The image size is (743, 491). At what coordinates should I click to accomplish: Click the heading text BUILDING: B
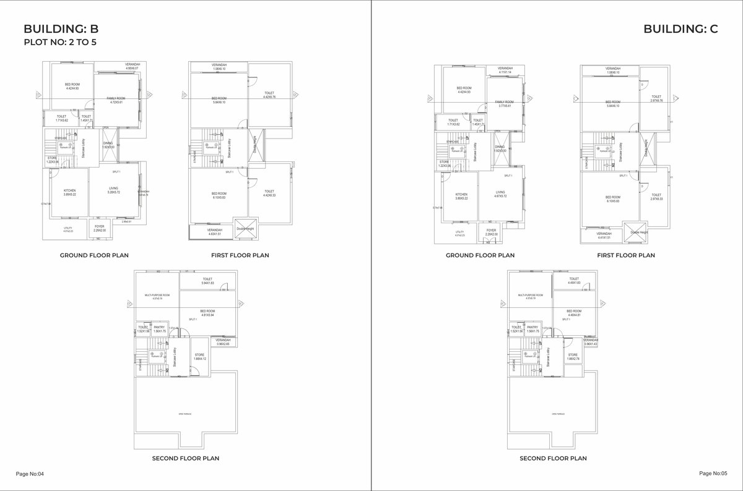coord(61,28)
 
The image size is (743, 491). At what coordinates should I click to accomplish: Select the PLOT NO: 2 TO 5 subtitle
coord(59,43)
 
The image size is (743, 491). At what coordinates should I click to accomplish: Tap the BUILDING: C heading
coord(680,28)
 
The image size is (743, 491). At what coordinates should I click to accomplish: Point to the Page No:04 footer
coord(30,474)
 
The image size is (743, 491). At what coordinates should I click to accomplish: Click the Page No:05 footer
coord(713,473)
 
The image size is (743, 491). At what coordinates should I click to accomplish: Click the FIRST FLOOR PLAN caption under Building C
coord(626,255)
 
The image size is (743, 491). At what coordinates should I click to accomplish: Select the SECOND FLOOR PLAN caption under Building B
coord(186,458)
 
